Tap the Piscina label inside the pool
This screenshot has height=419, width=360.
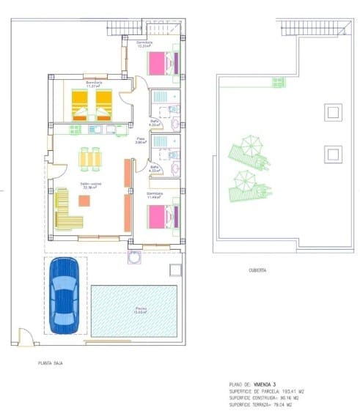pos(140,310)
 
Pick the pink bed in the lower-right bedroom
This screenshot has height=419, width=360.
pos(163,218)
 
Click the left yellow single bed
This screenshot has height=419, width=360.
pos(79,104)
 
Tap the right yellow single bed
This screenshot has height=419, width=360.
pos(104,104)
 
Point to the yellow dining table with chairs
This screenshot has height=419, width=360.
pos(89,158)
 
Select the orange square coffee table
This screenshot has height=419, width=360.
pos(84,201)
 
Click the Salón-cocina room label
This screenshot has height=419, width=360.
pos(92,185)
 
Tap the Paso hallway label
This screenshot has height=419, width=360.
pos(141,140)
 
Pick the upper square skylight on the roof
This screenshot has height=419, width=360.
pos(332,112)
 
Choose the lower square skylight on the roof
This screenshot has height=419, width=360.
pos(332,154)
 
